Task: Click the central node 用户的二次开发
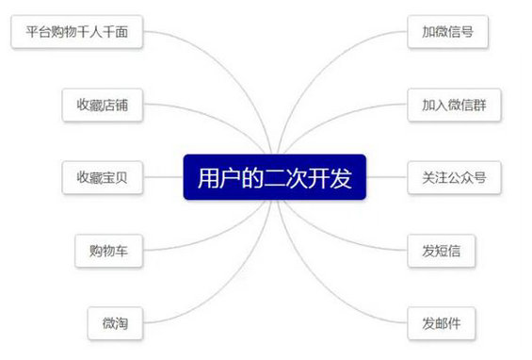(x=274, y=177)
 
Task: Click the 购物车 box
(x=109, y=250)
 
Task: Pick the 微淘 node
(x=115, y=322)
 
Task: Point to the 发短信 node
(x=442, y=250)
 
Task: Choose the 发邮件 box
(x=442, y=322)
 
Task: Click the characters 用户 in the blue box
(x=214, y=177)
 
